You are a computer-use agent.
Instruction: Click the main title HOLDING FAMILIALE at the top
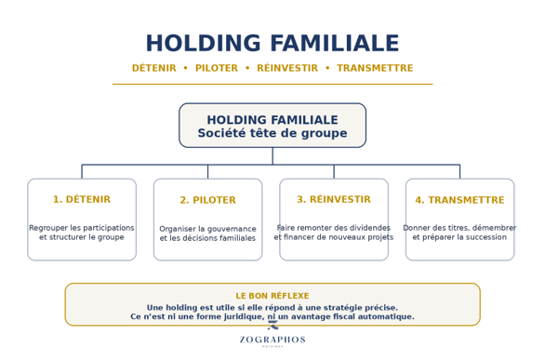point(272,43)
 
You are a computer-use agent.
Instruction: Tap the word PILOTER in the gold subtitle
point(217,68)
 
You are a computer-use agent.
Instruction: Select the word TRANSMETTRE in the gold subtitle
point(375,68)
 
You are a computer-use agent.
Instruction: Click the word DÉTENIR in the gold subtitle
point(154,68)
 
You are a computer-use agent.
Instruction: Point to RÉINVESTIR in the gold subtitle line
point(287,68)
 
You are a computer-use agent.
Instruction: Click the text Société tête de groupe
point(272,133)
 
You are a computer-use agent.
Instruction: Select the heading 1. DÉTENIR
point(82,199)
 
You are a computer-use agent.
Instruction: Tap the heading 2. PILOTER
point(207,200)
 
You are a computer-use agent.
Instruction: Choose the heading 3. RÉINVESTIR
point(334,199)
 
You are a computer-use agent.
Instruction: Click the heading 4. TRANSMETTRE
point(459,200)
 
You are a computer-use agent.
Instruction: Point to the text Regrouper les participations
point(82,228)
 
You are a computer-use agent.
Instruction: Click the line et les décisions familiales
point(207,238)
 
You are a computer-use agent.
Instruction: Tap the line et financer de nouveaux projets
point(334,237)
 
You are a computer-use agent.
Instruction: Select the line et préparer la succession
point(459,237)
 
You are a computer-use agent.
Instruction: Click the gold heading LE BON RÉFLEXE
point(272,296)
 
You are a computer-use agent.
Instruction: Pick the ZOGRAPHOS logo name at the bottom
point(272,340)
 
